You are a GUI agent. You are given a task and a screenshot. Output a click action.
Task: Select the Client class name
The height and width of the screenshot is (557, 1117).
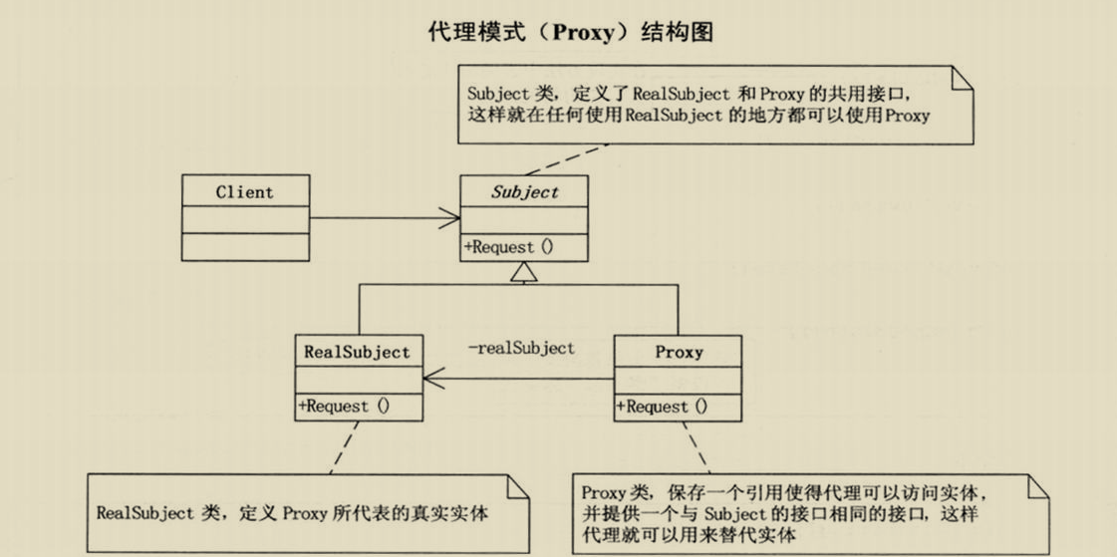coord(244,191)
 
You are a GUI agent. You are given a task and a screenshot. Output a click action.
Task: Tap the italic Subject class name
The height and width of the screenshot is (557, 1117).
coord(524,192)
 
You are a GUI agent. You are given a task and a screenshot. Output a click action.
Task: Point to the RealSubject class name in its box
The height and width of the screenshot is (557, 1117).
coord(357,352)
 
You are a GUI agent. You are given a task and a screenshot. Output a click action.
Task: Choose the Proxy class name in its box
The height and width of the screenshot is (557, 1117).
coord(679,352)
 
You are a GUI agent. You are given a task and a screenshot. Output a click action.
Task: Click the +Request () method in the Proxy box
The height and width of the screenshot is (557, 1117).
coord(662,406)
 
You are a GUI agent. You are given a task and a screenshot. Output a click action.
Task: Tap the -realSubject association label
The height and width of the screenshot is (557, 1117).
coord(521,348)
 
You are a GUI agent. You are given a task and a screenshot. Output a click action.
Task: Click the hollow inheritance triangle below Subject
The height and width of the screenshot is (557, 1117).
coord(524,271)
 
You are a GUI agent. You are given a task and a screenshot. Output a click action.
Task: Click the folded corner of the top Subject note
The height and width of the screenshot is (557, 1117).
coord(961,79)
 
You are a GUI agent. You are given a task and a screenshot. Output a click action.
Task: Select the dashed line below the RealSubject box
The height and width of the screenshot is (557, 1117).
coord(339,446)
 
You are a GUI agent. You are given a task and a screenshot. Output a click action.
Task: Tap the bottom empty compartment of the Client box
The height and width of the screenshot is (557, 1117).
coord(244,246)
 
